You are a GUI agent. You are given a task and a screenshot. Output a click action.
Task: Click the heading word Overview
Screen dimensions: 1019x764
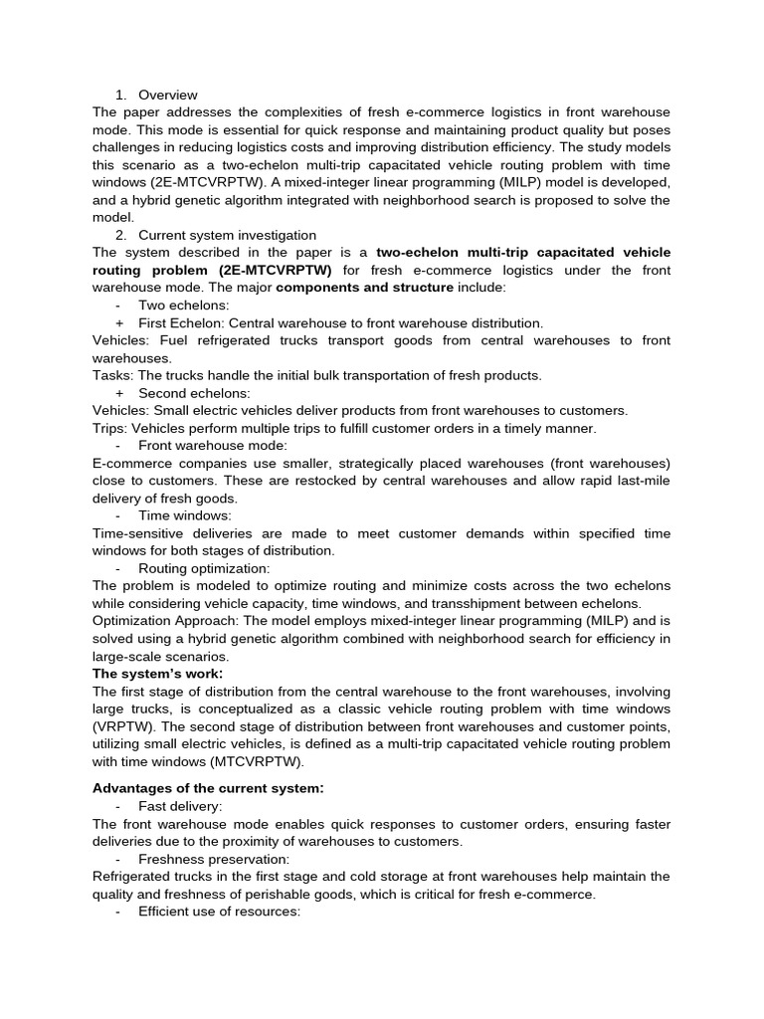point(167,95)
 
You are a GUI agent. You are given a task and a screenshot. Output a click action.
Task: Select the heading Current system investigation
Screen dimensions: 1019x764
point(227,235)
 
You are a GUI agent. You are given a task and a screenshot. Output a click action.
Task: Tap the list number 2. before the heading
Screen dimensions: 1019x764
point(120,235)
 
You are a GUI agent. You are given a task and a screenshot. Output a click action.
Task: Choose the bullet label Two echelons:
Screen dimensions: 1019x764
point(183,306)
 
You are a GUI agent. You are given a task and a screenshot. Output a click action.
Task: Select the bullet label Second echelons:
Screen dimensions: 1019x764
point(195,393)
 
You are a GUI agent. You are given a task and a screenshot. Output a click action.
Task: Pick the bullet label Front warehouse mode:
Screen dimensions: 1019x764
point(213,446)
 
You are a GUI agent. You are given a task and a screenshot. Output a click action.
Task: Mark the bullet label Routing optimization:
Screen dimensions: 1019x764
point(204,568)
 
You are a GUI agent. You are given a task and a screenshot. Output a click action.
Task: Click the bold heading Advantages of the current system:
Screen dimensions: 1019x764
point(208,788)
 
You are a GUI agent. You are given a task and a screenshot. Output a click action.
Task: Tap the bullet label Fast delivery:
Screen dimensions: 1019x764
point(180,806)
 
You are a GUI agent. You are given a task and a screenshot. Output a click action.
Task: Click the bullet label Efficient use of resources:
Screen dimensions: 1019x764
point(219,912)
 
